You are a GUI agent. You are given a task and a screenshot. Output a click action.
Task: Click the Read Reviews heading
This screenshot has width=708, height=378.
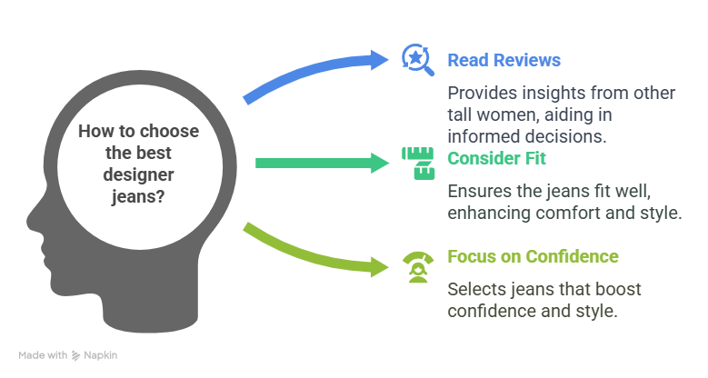pos(504,61)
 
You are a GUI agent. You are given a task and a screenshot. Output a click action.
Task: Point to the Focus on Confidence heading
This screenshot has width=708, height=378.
pos(533,256)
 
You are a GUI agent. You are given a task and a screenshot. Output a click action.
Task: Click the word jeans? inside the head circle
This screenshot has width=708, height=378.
pos(138,193)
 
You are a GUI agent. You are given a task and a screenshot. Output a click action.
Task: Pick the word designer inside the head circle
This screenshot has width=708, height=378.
pos(138,172)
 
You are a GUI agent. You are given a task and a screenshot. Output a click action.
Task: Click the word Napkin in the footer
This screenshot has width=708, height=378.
pos(102,355)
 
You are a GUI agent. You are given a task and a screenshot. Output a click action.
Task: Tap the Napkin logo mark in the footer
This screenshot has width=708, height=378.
pos(77,355)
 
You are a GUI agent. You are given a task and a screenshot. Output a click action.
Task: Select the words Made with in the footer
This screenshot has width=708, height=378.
pos(43,355)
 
